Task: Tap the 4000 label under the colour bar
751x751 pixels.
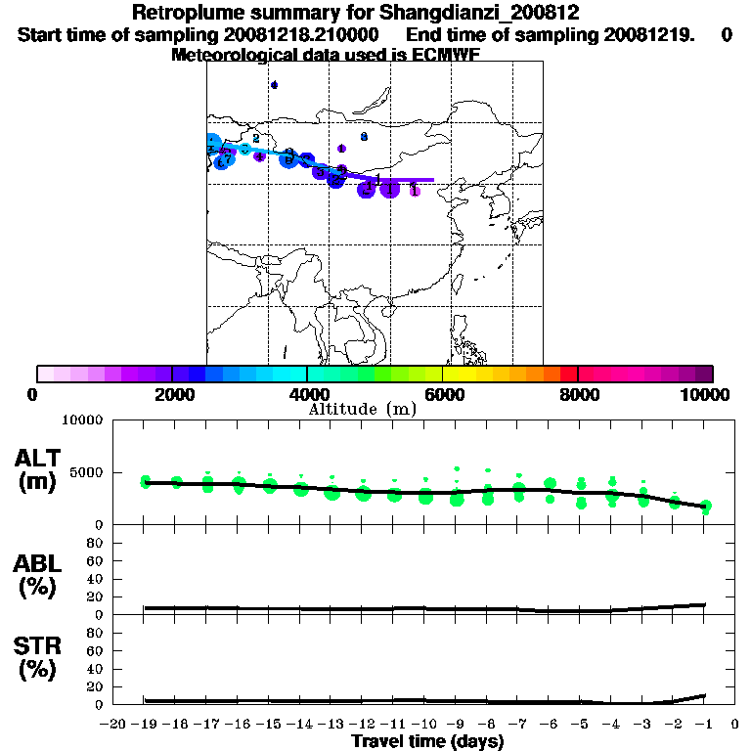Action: coord(307,394)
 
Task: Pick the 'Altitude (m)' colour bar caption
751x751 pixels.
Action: coord(362,409)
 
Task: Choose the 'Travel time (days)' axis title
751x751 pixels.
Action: coord(427,742)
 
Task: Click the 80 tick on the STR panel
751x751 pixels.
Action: coord(97,633)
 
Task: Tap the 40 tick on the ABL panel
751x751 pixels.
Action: coord(97,579)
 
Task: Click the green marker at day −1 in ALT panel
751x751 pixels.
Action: coord(705,507)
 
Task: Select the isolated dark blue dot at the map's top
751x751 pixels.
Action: coord(274,85)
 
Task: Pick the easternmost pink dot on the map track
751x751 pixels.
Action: coord(415,191)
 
